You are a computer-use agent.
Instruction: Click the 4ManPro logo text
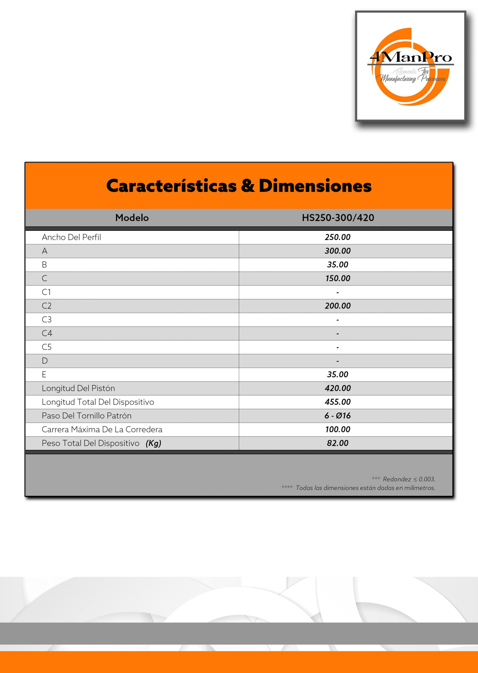(x=411, y=57)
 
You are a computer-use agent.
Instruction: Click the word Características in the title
(x=171, y=186)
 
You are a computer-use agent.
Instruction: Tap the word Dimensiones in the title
(x=315, y=186)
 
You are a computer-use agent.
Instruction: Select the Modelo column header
(x=132, y=218)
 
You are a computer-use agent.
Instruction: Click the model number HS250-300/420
(x=338, y=218)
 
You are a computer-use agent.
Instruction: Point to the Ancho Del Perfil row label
(x=71, y=237)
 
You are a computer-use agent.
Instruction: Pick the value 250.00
(x=338, y=237)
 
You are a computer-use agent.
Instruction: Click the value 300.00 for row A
(x=338, y=251)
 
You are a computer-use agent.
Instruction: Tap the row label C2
(x=47, y=306)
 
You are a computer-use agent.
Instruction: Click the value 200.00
(x=338, y=306)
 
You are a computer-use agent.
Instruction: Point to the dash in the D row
(x=338, y=361)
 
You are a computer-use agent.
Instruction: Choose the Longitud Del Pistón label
(x=78, y=388)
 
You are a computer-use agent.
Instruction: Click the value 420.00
(x=338, y=388)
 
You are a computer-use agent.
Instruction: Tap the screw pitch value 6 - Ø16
(x=338, y=416)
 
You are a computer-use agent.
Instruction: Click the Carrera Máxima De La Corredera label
(x=102, y=430)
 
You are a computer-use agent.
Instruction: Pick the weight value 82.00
(x=338, y=443)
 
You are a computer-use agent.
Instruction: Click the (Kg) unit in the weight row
(x=153, y=443)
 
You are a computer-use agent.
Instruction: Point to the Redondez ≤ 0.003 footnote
(x=409, y=479)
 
